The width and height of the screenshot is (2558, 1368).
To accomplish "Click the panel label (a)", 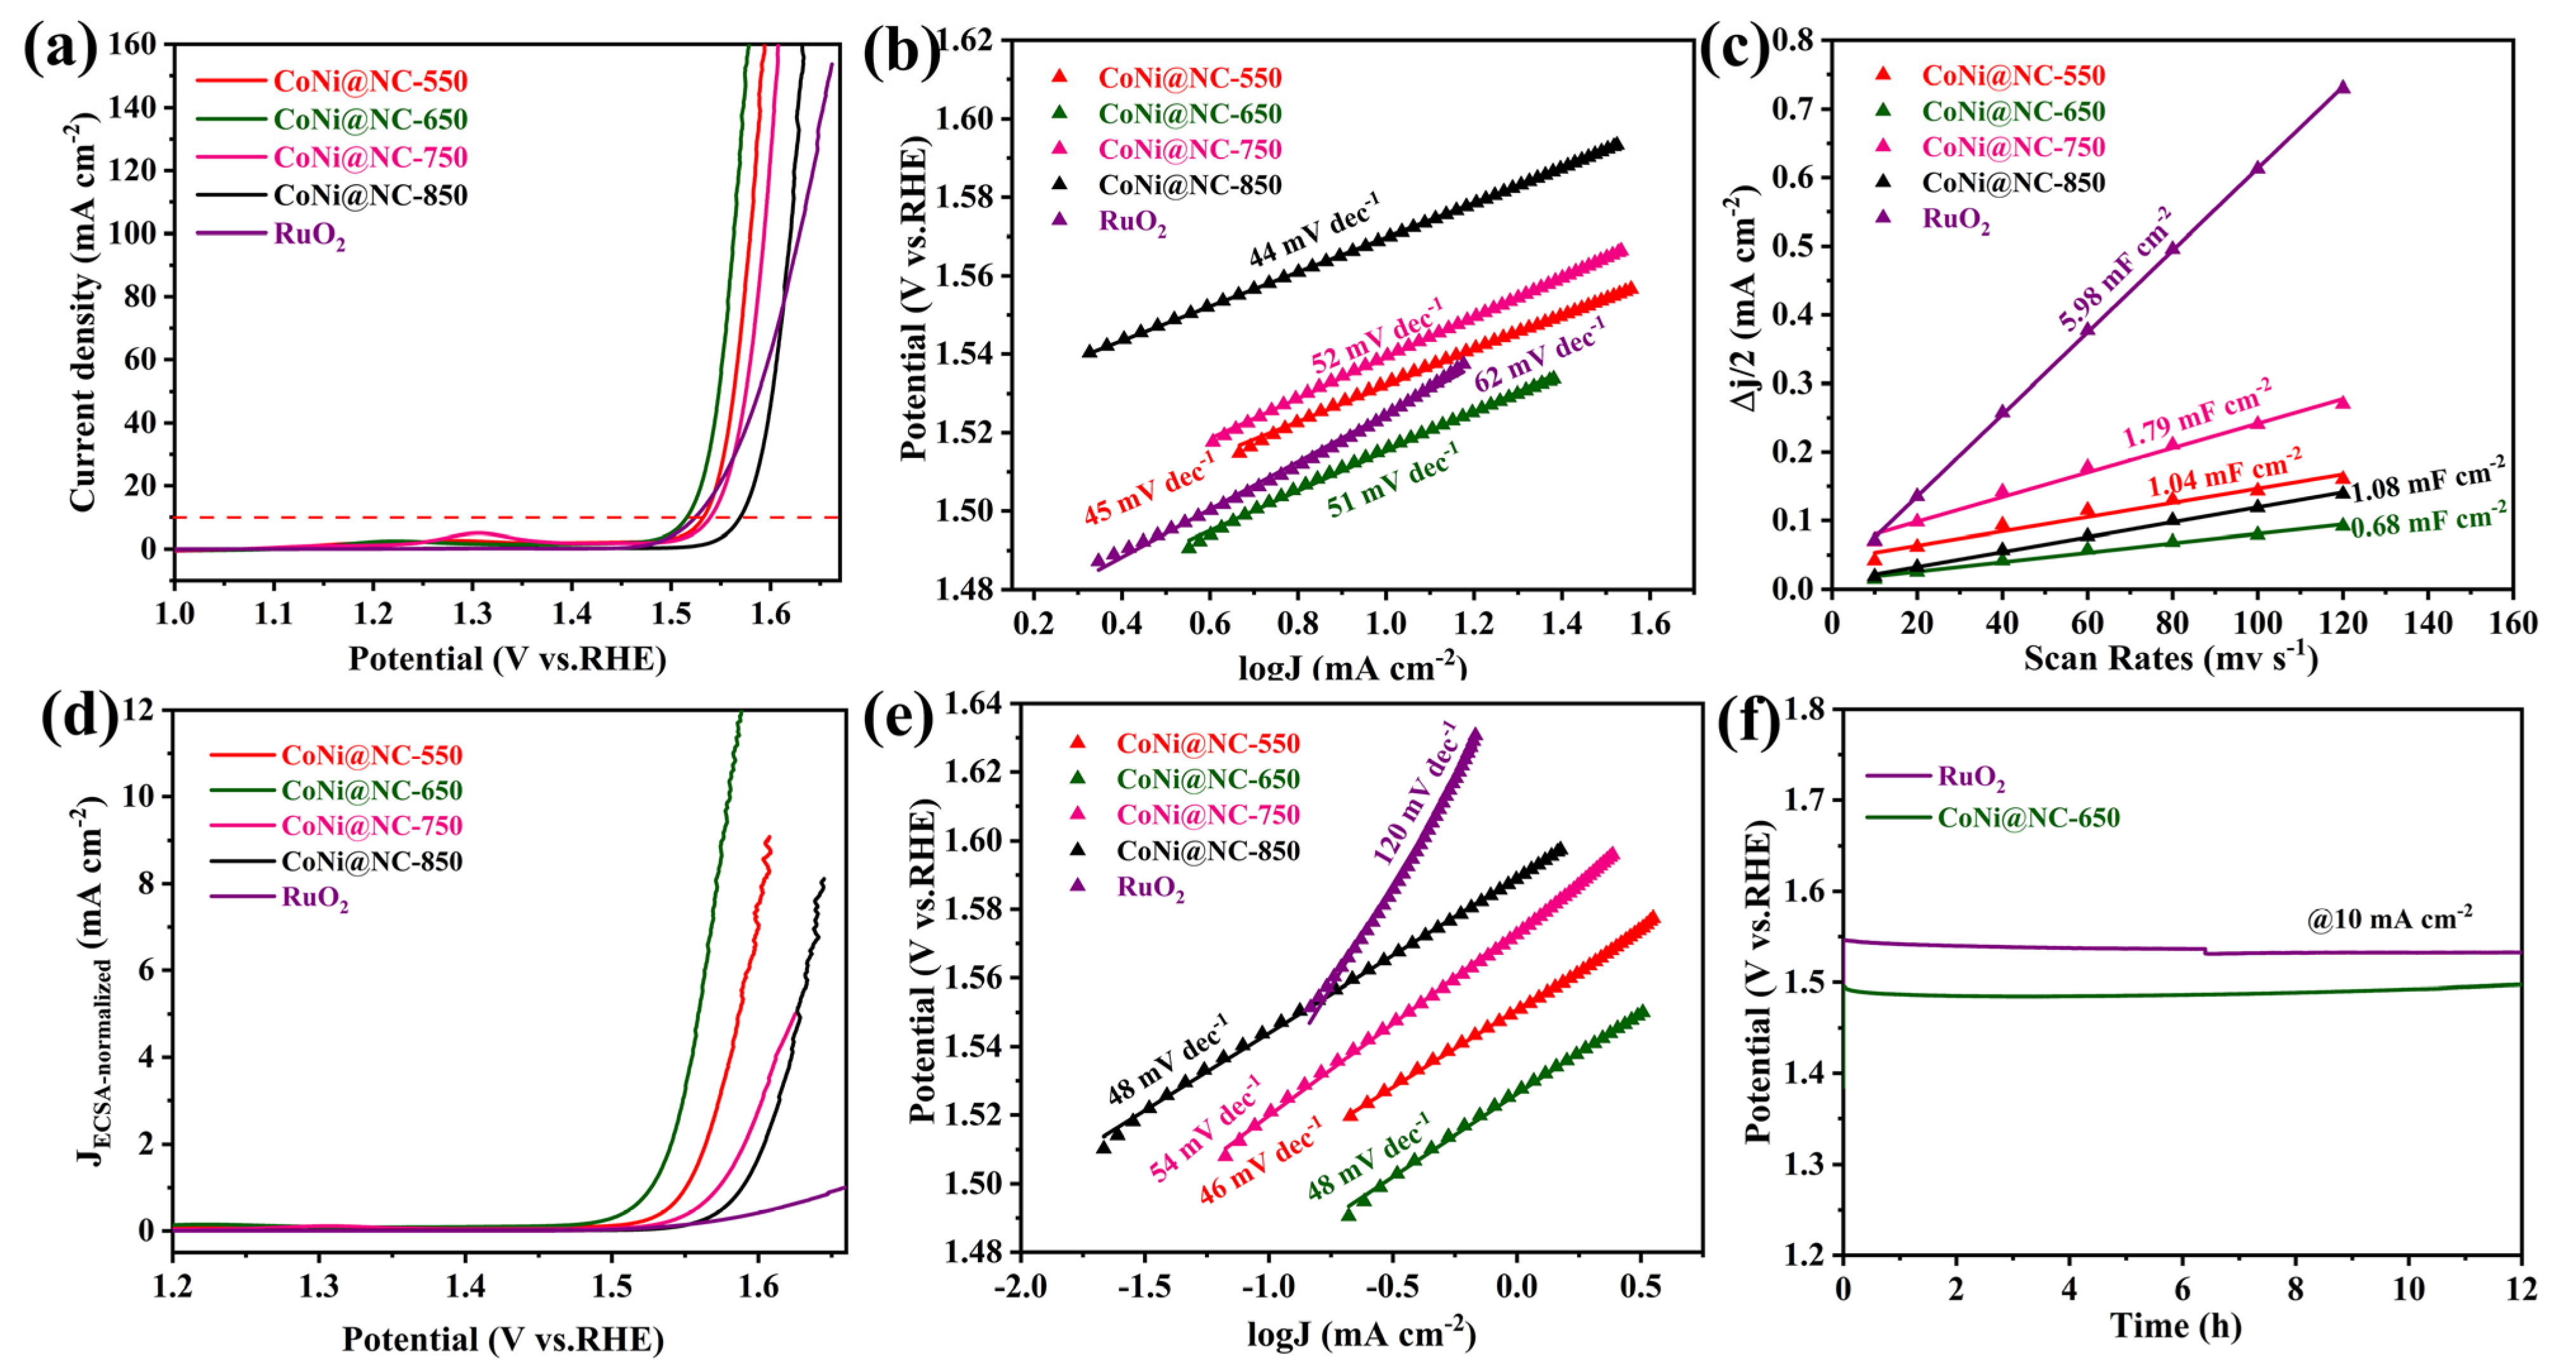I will coord(60,48).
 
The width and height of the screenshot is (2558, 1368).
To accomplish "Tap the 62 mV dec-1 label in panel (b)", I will coord(1537,355).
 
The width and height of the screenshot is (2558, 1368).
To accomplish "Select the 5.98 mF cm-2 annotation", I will coord(2113,270).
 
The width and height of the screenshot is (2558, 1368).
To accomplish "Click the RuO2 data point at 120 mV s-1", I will coord(2342,88).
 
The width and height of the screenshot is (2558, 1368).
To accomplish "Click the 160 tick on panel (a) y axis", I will coord(131,44).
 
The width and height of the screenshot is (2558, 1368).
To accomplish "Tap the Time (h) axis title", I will coord(2175,1326).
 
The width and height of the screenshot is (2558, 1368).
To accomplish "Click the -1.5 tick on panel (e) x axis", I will coord(1144,1287).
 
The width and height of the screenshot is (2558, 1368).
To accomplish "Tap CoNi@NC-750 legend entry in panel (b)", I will coord(1189,149).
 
